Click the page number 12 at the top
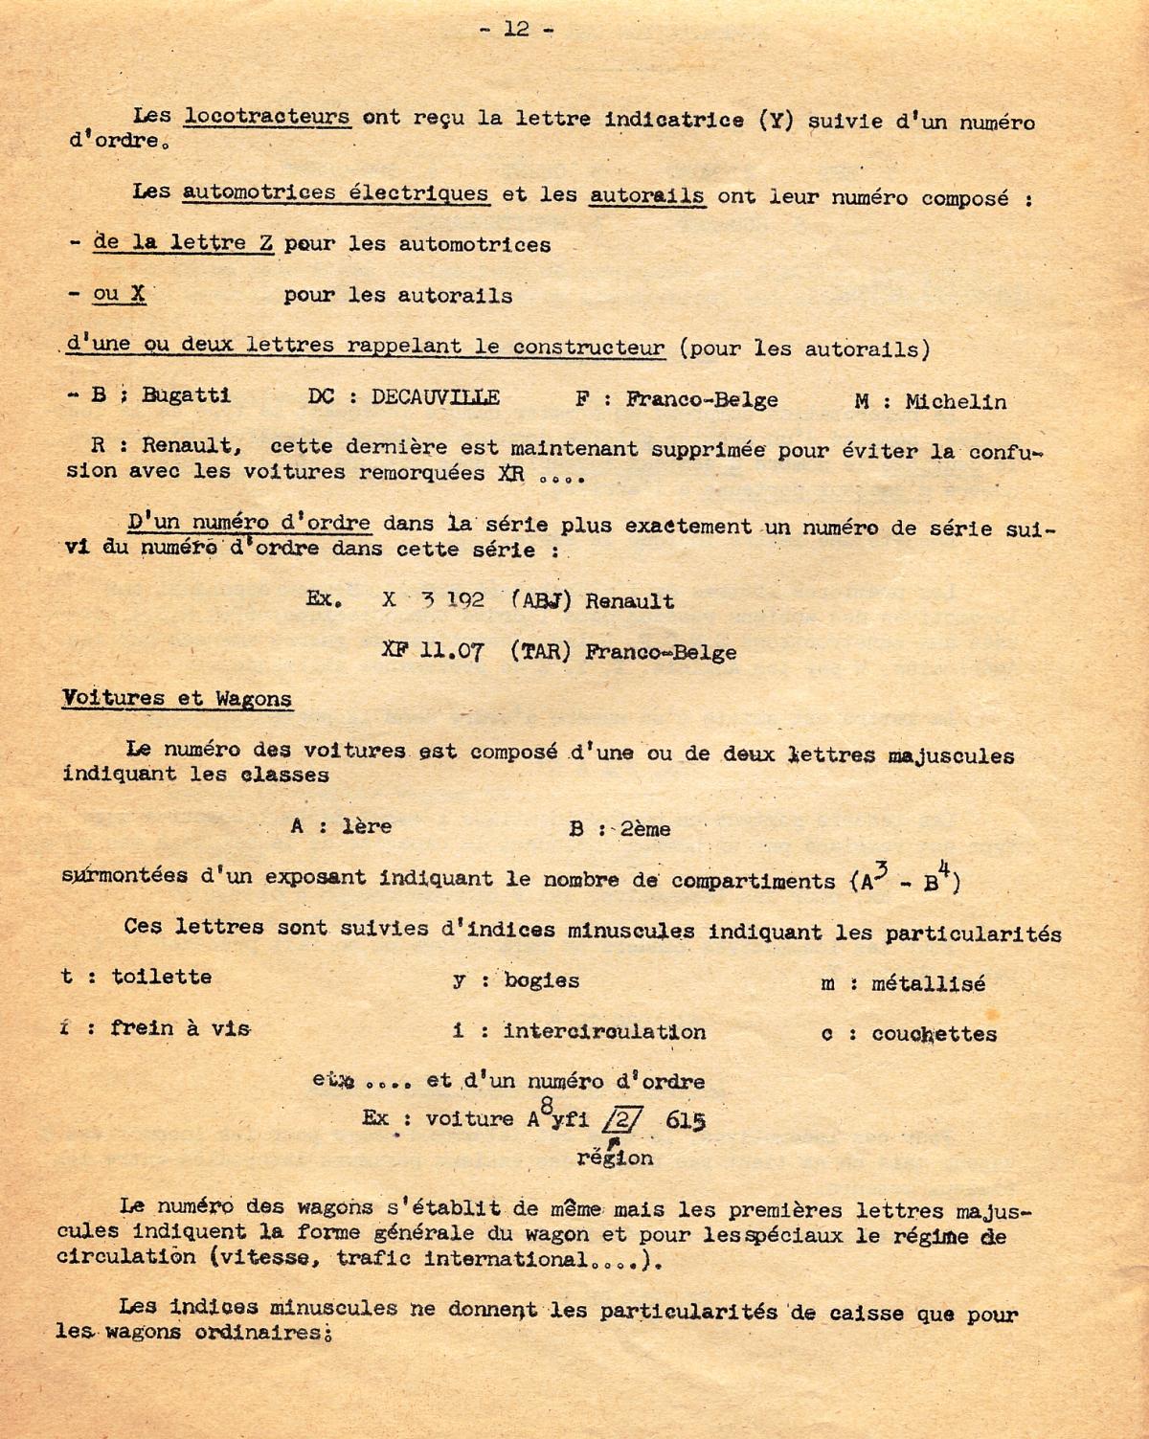pyautogui.click(x=516, y=29)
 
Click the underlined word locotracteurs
pyautogui.click(x=267, y=118)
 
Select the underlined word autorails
pyautogui.click(x=647, y=195)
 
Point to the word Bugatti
pyautogui.click(x=186, y=395)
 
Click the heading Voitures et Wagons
pyautogui.click(x=177, y=698)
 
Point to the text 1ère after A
pyautogui.click(x=367, y=826)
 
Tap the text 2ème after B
pyautogui.click(x=644, y=828)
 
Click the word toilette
pyautogui.click(x=162, y=977)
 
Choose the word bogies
pyautogui.click(x=541, y=980)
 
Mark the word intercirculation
pyautogui.click(x=604, y=1031)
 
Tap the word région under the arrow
pyautogui.click(x=615, y=1158)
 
